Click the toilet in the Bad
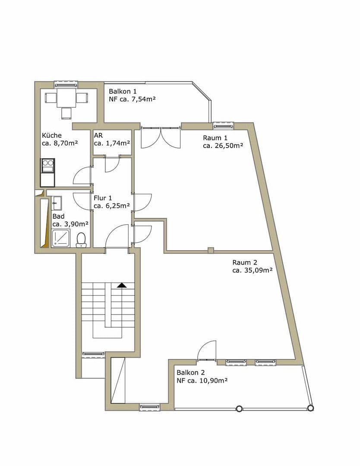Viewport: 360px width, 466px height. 81,240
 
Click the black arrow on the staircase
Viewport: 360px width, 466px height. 122,285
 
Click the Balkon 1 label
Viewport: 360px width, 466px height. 123,91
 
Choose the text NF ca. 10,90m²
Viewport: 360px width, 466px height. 202,381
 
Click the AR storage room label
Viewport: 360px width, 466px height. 98,135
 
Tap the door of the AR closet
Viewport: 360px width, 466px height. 112,163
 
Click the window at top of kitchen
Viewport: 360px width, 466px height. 66,84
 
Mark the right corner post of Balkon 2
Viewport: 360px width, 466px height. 310,408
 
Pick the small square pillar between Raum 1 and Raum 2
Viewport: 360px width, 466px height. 210,250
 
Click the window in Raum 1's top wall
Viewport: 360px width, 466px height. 223,126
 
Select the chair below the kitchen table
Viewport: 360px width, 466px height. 66,113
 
